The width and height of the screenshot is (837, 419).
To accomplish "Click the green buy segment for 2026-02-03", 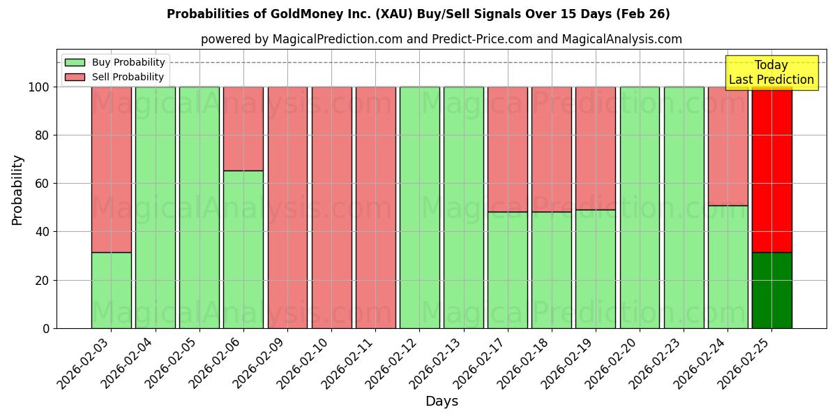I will tap(111, 290).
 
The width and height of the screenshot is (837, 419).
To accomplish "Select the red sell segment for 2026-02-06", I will tap(243, 128).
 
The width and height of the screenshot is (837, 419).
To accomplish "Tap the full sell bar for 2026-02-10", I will tap(331, 207).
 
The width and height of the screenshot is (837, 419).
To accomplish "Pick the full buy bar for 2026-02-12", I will tap(419, 207).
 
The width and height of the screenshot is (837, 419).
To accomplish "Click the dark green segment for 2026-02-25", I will tap(771, 290).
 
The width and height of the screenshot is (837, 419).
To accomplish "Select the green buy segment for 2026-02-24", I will tap(727, 267).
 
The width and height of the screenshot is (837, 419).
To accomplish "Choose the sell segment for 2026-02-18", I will tap(552, 149).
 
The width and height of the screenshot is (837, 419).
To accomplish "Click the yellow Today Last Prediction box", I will tap(771, 73).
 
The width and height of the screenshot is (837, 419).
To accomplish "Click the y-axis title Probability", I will tap(17, 190).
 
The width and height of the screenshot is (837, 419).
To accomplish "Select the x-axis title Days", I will tap(442, 402).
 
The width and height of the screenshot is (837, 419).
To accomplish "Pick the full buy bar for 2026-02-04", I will tap(156, 207).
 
